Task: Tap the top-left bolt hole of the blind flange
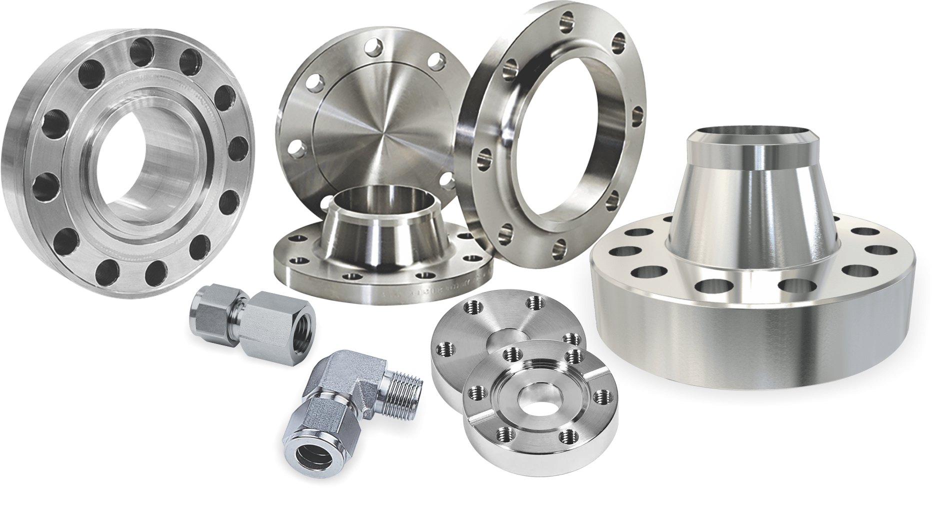314,83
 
